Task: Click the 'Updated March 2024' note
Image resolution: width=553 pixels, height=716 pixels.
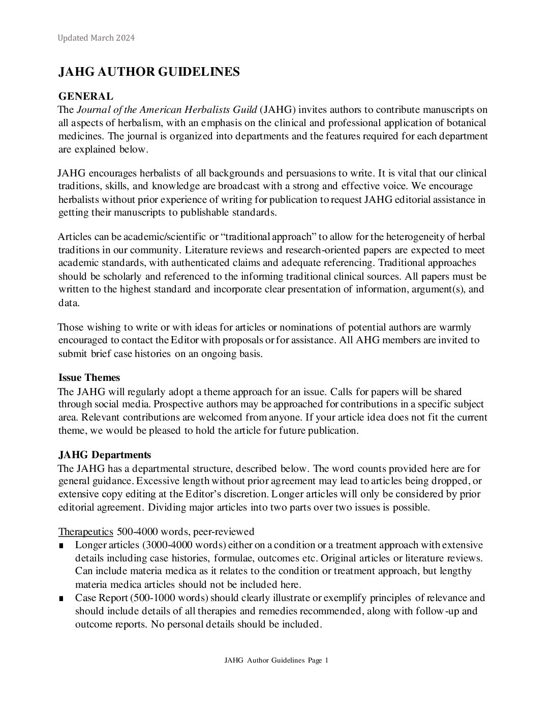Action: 96,38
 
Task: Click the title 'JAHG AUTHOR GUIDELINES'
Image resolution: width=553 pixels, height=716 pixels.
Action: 149,72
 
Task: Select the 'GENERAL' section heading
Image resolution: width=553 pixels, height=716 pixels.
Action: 86,96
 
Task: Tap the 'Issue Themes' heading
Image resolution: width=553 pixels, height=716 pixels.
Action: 89,378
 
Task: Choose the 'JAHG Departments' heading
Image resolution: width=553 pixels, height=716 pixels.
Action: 104,455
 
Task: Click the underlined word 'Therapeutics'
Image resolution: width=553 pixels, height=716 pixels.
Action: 85,532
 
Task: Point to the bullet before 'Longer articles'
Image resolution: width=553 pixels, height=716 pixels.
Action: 62,546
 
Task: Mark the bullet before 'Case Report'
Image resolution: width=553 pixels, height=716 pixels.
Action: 62,599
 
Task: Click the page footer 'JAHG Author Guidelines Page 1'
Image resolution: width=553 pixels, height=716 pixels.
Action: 276,661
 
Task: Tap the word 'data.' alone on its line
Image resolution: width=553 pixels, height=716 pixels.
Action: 69,303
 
